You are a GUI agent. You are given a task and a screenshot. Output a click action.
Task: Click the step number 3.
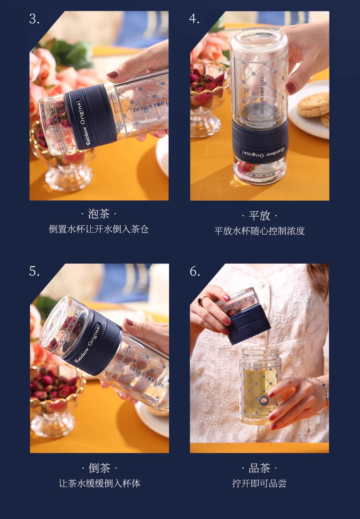[35, 19]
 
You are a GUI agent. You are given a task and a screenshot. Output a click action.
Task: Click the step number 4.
[195, 19]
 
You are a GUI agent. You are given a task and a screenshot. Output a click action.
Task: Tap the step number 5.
[35, 271]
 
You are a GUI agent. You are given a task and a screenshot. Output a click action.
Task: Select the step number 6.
[195, 271]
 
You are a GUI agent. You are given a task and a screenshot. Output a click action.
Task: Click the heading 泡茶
[99, 214]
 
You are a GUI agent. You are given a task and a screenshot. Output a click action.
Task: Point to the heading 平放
[259, 215]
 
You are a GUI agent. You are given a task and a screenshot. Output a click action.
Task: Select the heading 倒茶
[99, 468]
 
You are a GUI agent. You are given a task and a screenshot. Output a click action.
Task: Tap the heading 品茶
[259, 468]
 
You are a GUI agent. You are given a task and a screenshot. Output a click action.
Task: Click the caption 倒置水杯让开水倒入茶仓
[99, 229]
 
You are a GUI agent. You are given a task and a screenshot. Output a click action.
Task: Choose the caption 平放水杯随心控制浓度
[259, 231]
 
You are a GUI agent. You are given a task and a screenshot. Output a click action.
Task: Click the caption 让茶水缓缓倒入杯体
[99, 483]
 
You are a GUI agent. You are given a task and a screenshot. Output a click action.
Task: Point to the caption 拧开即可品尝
[259, 483]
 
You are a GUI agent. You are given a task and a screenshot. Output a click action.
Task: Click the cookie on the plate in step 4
[313, 105]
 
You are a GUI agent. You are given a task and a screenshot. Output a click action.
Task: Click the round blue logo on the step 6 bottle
[264, 400]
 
